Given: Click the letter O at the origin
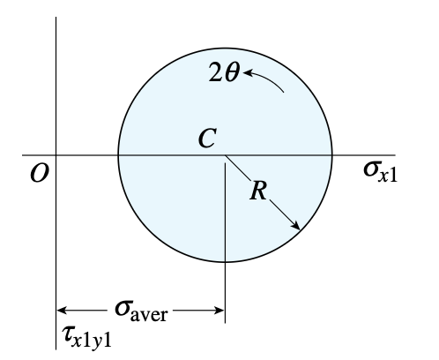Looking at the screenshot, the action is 40,174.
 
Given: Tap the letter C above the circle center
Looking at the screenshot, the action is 208,138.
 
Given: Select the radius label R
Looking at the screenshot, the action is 258,191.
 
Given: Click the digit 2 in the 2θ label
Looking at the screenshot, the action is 215,72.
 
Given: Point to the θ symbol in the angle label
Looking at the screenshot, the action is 232,72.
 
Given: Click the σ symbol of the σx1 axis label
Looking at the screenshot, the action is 370,170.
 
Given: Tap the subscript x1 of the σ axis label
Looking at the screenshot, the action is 388,176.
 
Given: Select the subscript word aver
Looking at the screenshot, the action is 149,314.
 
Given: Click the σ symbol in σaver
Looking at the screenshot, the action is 122,309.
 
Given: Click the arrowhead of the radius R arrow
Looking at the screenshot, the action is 296,226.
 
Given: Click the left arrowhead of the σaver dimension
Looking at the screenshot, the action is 61,311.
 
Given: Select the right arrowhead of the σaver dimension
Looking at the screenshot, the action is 219,311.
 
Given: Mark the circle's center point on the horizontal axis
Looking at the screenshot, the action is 225,154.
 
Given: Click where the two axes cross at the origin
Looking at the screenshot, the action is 56,154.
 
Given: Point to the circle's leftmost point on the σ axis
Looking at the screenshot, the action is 118,154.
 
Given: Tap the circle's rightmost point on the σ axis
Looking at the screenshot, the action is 332,154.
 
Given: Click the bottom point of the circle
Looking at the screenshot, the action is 225,261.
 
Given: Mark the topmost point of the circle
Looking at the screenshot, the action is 225,48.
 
